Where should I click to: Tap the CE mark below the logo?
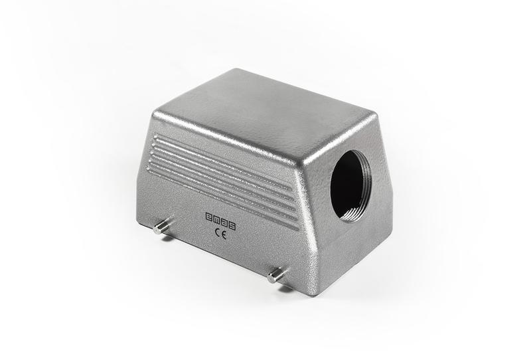221,233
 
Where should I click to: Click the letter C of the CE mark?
218,232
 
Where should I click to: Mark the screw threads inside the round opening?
362,186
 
